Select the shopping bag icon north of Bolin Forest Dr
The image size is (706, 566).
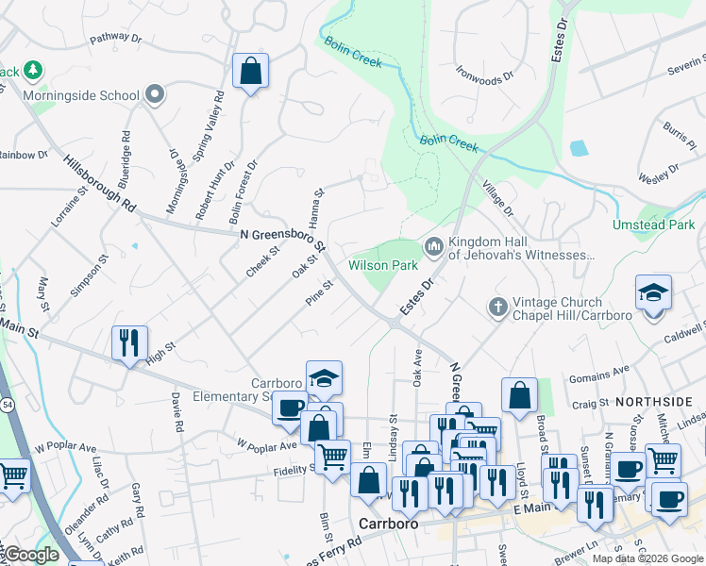click(x=250, y=72)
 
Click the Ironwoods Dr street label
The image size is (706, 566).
click(x=485, y=72)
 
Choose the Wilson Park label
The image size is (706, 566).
click(x=383, y=266)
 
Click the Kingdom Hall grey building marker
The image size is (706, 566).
click(x=434, y=246)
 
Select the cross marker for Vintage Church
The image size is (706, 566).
click(x=498, y=306)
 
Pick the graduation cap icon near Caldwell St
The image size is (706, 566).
click(x=652, y=292)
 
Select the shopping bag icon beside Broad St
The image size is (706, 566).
click(x=519, y=395)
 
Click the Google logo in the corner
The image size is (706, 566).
click(x=30, y=555)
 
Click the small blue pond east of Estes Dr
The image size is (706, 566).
click(x=578, y=148)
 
